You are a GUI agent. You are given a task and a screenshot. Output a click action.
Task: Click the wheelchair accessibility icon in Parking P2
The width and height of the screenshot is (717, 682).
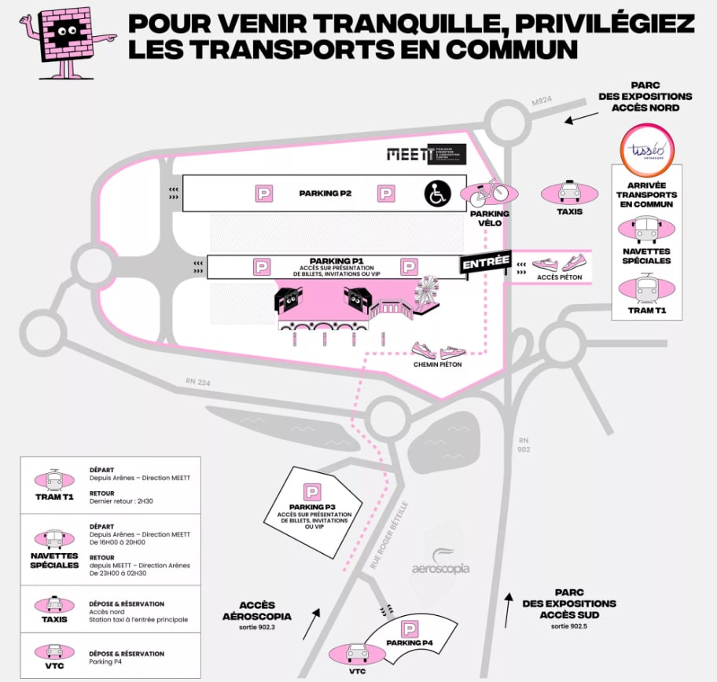pos(437,193)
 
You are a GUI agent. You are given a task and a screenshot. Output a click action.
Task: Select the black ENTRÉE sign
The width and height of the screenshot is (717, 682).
pos(486,263)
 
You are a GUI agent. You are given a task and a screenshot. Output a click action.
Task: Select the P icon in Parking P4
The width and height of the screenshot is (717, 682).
pos(410,629)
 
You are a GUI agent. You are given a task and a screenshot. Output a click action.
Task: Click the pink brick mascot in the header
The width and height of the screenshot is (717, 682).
pos(66,38)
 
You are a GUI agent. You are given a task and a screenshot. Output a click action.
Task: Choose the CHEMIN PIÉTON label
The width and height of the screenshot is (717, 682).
pos(437,365)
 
